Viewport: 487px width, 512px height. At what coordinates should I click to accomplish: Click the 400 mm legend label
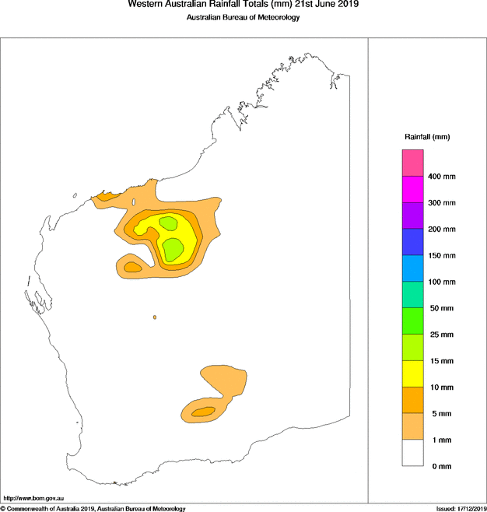point(442,177)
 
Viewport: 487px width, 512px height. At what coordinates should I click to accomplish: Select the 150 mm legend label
point(442,255)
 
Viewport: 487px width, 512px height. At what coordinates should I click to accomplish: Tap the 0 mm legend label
point(440,466)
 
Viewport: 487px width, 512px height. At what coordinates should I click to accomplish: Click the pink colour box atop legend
point(412,163)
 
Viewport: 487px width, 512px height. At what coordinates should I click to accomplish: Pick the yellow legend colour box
point(412,373)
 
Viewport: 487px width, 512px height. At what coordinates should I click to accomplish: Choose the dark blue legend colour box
point(412,242)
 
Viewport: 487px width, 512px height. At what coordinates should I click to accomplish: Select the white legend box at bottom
point(412,453)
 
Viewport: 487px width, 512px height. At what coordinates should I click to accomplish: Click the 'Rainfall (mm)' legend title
point(427,137)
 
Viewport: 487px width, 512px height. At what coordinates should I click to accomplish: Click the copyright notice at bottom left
point(93,508)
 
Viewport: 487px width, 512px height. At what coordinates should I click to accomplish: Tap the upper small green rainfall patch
point(168,223)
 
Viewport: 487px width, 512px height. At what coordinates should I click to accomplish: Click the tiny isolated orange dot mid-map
point(155,317)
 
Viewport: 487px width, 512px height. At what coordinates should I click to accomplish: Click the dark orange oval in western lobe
point(132,268)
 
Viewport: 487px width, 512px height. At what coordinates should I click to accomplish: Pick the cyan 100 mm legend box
point(412,268)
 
